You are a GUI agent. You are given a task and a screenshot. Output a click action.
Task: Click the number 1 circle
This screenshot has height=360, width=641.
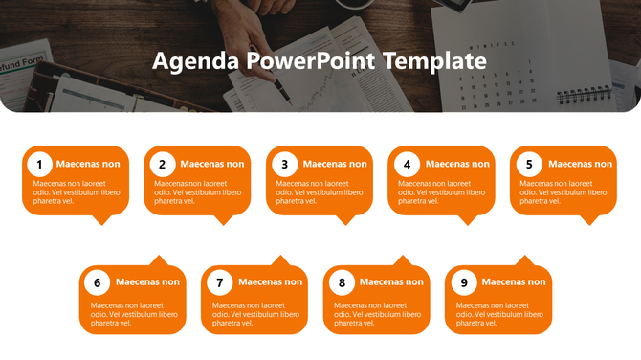click(x=39, y=164)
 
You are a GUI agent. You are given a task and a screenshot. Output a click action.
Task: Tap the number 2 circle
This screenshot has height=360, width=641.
click(x=163, y=164)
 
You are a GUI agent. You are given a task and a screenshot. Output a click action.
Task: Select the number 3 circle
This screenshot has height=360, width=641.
click(x=285, y=164)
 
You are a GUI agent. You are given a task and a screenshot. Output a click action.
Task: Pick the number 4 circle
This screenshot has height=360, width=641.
click(x=408, y=164)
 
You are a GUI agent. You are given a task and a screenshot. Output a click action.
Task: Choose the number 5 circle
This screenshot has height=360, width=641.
click(x=529, y=164)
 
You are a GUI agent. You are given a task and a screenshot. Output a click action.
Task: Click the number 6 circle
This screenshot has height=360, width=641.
click(x=97, y=282)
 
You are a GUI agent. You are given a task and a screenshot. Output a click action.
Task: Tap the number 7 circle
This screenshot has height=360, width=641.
click(x=220, y=282)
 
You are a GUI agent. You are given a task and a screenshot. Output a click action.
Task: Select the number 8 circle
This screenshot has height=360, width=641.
click(x=342, y=282)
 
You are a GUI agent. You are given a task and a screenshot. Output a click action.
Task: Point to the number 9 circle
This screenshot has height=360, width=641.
click(x=464, y=282)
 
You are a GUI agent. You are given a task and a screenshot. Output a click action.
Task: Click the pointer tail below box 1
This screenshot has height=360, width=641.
click(x=100, y=219)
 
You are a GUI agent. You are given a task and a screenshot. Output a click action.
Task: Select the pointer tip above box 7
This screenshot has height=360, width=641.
click(x=280, y=259)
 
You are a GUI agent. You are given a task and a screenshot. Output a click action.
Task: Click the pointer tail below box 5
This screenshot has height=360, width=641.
click(x=590, y=219)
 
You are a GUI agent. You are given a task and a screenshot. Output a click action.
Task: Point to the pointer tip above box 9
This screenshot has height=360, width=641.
click(x=524, y=259)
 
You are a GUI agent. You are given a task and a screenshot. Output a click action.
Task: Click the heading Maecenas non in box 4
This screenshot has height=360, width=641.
click(x=457, y=164)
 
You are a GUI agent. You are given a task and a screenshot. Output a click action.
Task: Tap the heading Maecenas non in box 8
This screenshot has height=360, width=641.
click(x=391, y=281)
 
